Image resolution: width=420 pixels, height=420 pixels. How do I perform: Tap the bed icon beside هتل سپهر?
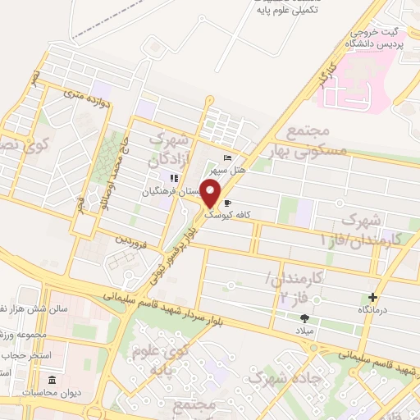(x=227, y=159)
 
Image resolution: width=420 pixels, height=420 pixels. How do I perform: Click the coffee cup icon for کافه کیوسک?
(x=227, y=201)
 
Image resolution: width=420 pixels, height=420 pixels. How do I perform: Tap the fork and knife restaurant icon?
(x=173, y=178)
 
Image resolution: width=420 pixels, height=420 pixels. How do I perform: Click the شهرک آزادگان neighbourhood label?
(x=173, y=147)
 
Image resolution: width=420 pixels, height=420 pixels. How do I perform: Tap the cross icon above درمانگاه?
(x=374, y=297)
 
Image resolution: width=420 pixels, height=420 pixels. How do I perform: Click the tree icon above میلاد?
(x=305, y=318)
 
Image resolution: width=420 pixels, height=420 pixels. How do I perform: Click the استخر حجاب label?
(x=25, y=356)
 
